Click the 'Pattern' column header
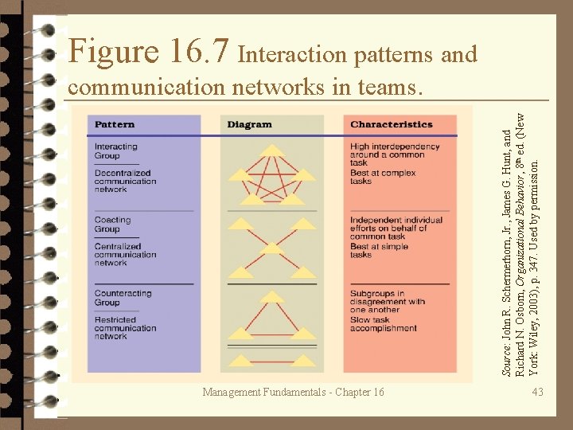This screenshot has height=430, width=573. (115, 124)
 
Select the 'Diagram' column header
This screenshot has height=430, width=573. (249, 124)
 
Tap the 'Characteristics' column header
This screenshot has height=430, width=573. (391, 124)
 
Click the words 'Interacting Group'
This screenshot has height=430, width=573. (116, 150)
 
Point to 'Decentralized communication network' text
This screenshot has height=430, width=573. (126, 181)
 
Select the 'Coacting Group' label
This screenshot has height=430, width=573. (113, 224)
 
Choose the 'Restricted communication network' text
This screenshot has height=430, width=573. (126, 327)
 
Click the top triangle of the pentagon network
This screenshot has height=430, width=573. (273, 150)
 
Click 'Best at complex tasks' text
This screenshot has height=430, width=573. (382, 176)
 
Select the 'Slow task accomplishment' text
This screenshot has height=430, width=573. (383, 323)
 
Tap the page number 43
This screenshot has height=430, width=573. (539, 392)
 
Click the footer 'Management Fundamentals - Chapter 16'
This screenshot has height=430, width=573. (293, 392)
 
